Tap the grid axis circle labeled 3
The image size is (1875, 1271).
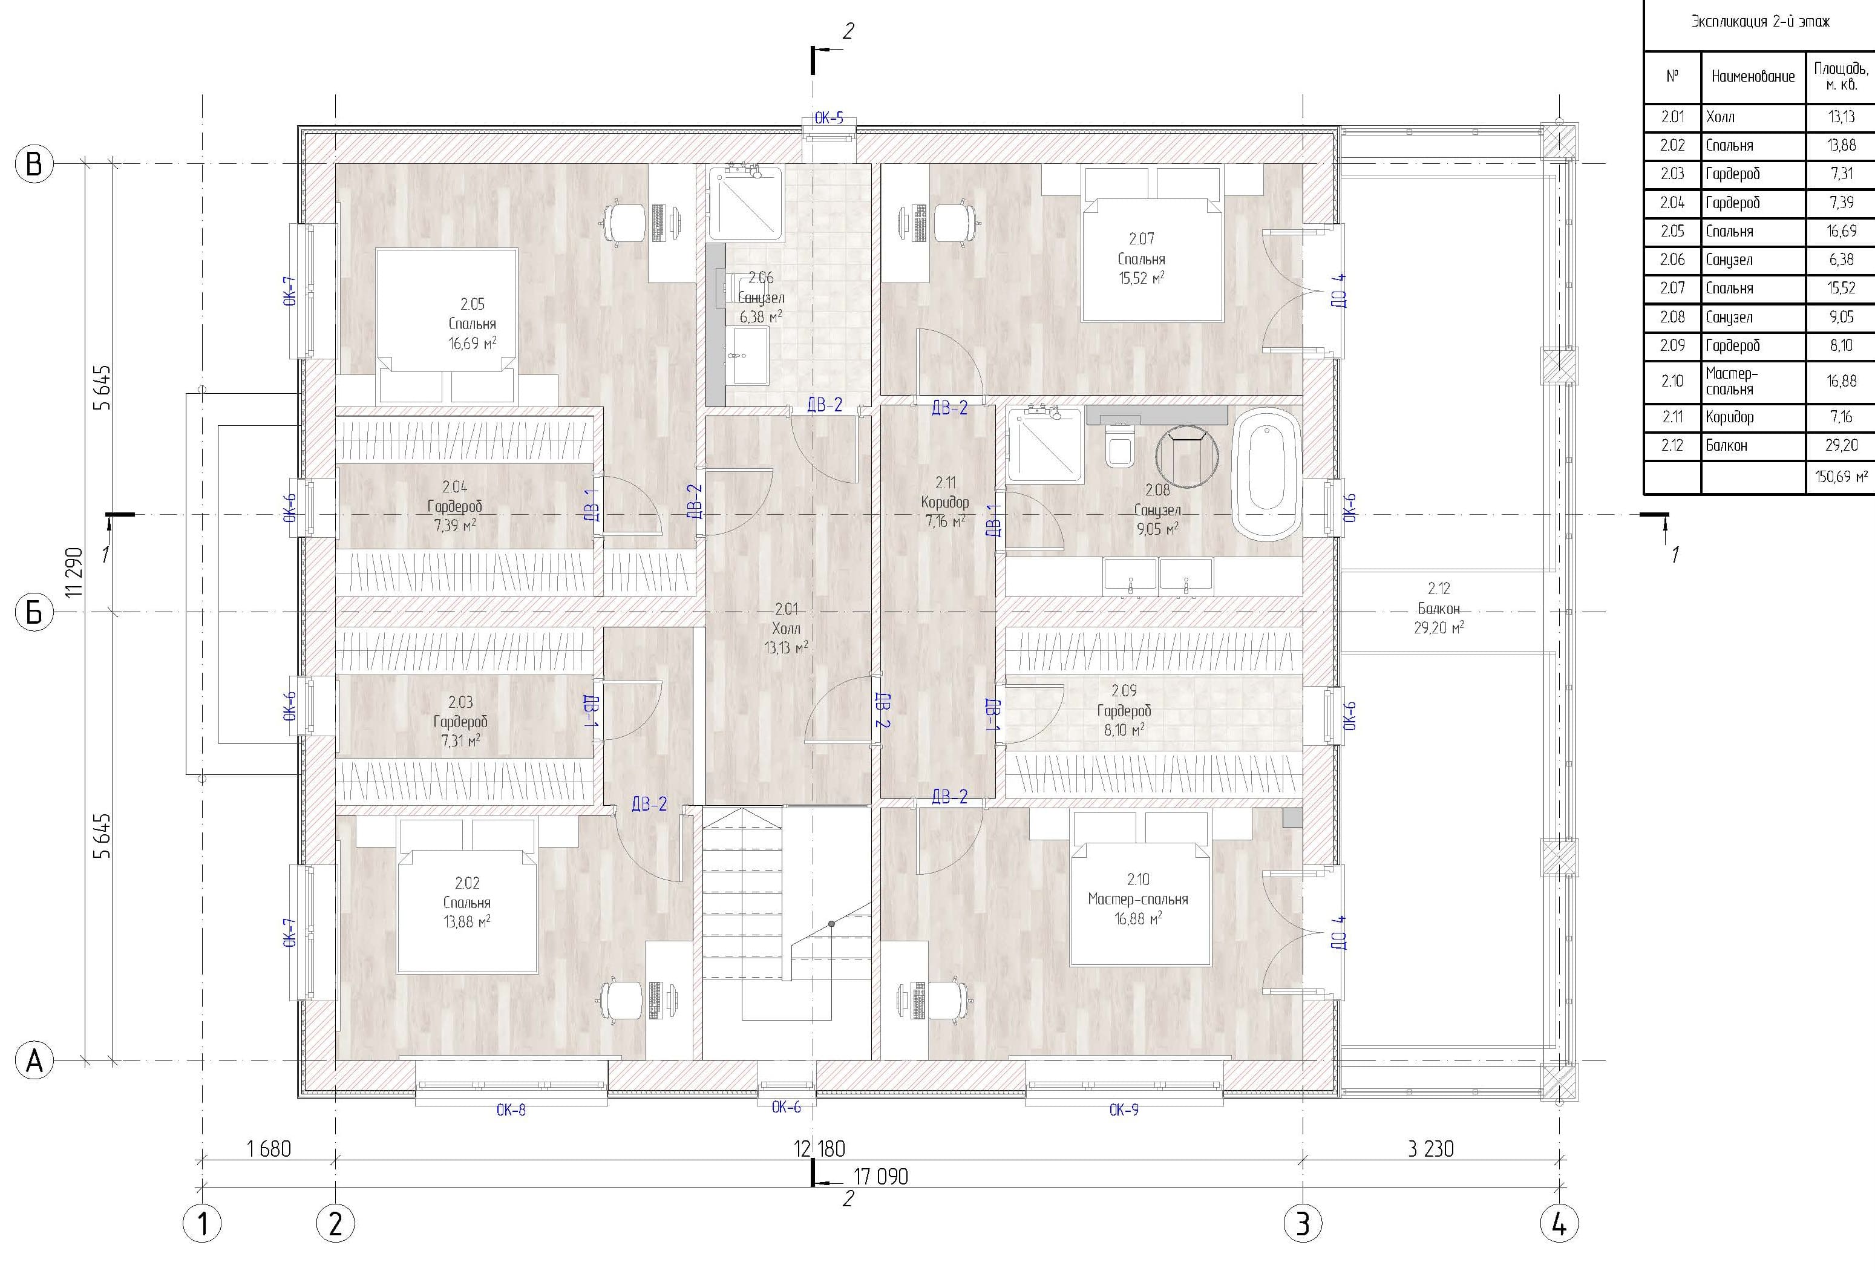[x=1302, y=1223]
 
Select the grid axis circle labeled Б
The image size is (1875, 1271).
[x=34, y=612]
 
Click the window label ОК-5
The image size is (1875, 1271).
[x=828, y=119]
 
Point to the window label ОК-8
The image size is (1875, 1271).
[x=511, y=1109]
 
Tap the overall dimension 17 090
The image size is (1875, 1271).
[x=880, y=1177]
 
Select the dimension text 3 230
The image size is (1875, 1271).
[x=1430, y=1148]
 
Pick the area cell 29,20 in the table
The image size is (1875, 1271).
[x=1841, y=445]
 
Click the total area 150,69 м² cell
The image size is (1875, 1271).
[x=1841, y=477]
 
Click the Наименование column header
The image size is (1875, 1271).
[x=1752, y=77]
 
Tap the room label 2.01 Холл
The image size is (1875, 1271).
[x=786, y=629]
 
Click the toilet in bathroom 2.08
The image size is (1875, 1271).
[x=1120, y=447]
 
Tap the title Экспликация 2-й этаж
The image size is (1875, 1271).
[x=1759, y=22]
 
